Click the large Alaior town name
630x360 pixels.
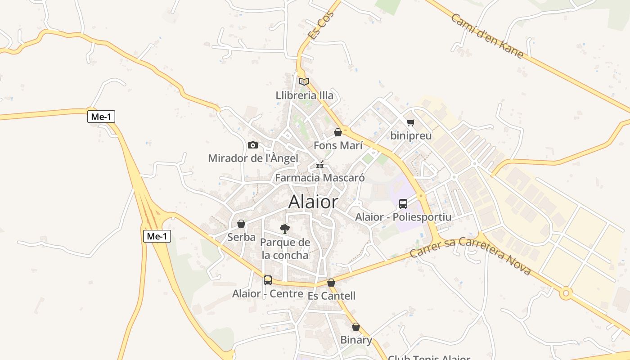tap(313, 202)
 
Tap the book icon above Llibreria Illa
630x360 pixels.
tap(304, 81)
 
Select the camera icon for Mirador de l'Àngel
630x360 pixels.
tap(253, 145)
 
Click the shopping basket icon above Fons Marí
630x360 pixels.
tap(338, 132)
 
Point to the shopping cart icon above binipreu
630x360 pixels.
tap(410, 122)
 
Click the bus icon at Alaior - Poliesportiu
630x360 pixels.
tap(403, 203)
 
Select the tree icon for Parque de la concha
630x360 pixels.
tap(284, 229)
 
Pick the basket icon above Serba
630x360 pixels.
tap(241, 224)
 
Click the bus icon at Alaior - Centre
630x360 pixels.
tap(268, 280)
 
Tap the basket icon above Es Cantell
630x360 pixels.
tap(331, 283)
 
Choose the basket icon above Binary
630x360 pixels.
tap(356, 327)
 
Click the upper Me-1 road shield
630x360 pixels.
tap(101, 117)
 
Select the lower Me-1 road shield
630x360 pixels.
tap(157, 236)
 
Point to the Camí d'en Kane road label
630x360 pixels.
tap(487, 36)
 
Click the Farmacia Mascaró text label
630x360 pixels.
tap(320, 178)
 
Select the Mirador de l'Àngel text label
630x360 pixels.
tap(253, 158)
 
